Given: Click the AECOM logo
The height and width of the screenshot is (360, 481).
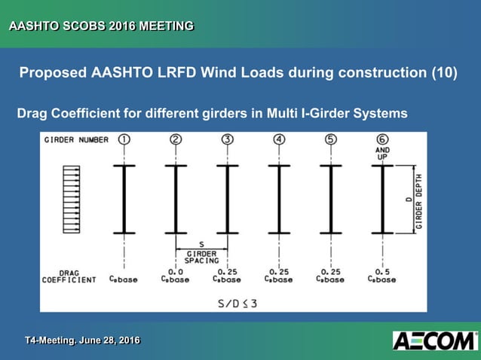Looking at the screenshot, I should tap(434, 340).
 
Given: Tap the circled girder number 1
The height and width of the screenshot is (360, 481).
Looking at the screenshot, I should tap(124, 139).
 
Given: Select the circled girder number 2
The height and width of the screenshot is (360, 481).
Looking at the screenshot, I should tap(176, 139).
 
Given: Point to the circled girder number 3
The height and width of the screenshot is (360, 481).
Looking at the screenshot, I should tap(228, 139).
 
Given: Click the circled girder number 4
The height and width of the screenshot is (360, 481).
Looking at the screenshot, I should tap(280, 139).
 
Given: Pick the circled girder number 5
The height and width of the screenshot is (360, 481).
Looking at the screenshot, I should tap(331, 139).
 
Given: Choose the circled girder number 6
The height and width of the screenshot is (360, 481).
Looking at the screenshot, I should tap(382, 139).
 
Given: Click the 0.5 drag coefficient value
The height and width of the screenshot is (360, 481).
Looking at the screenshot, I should tap(382, 271).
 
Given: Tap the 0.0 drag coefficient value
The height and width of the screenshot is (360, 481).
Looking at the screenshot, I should tap(175, 271).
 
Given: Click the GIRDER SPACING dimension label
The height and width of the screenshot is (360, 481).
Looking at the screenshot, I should tap(201, 256).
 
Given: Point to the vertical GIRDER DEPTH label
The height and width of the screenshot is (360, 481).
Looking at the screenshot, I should tap(418, 199).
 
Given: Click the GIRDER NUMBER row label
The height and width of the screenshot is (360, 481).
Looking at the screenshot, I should tap(76, 140).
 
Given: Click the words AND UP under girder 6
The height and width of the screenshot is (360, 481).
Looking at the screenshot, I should tap(382, 154).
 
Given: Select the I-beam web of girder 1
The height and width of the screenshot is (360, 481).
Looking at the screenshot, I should tap(124, 199).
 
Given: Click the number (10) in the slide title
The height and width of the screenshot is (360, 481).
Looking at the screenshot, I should tap(444, 74).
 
